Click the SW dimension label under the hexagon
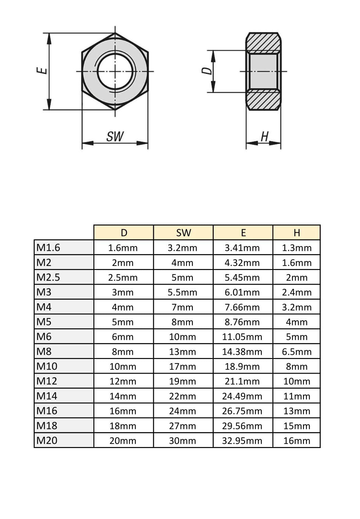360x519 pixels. click(115, 136)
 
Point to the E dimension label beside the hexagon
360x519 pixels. click(42, 70)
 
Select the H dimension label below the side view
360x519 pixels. click(264, 136)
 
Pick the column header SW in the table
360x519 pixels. click(183, 233)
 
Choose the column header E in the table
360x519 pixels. click(243, 233)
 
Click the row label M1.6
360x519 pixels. click(48, 248)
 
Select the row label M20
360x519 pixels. click(47, 440)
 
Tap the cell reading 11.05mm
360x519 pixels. click(242, 337)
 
